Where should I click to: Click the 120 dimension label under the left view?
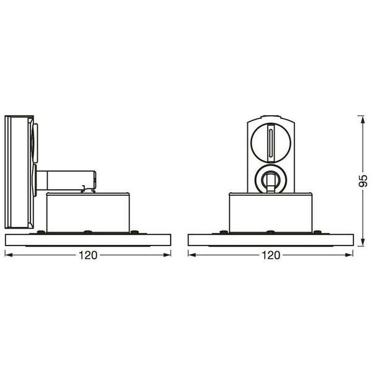88,255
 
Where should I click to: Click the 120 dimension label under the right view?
271,255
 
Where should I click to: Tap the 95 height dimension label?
363,181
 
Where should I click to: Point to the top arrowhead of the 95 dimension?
363,119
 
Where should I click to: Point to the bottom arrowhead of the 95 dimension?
363,242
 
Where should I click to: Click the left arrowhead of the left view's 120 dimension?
9,255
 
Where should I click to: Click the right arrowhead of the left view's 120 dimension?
167,255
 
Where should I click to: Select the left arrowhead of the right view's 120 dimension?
192,255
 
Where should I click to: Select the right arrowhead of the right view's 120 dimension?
349,255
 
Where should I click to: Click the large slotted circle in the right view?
271,143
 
